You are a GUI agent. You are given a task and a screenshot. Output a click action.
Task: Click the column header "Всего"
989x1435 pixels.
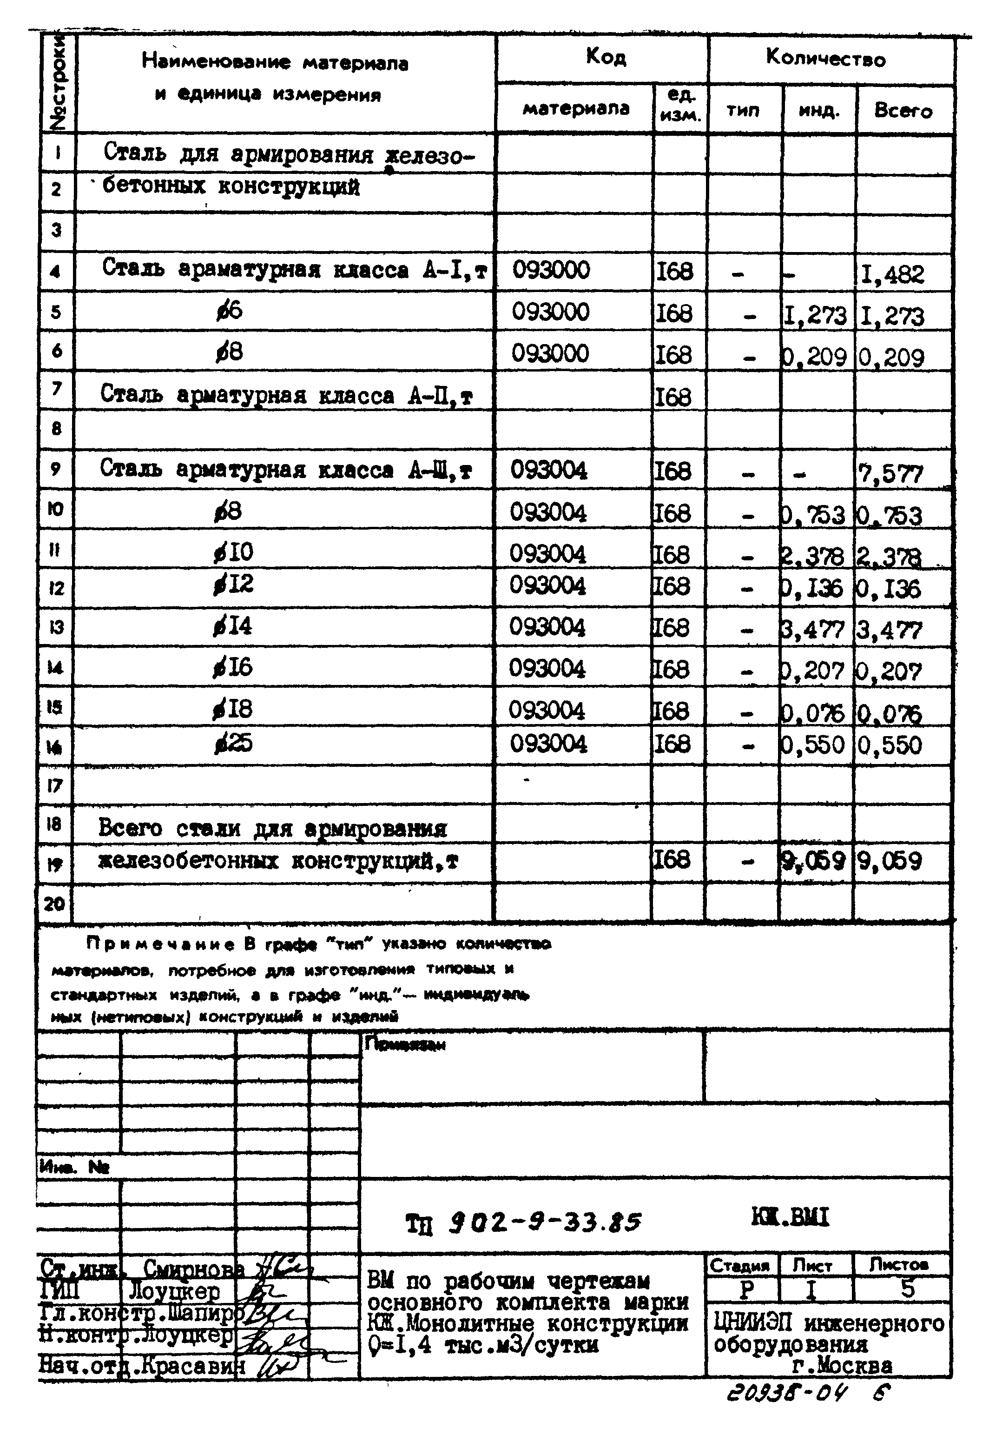tap(903, 111)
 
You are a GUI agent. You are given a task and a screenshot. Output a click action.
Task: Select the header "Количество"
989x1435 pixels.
tap(825, 59)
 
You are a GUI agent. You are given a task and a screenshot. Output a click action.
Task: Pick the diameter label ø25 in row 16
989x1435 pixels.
tap(234, 743)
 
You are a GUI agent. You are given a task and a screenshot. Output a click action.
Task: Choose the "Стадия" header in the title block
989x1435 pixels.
tap(739, 1265)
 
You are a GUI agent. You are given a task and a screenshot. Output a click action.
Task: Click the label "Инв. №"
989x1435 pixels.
tap(74, 1167)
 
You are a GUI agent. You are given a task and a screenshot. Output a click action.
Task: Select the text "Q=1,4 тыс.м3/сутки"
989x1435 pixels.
tap(483, 1345)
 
